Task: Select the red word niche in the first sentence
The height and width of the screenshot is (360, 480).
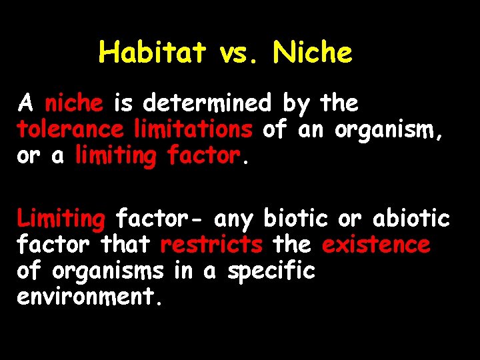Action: click(x=73, y=104)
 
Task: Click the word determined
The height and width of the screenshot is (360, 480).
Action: click(x=207, y=104)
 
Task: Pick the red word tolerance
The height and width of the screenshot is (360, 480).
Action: click(x=70, y=129)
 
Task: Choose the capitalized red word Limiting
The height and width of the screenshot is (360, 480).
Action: click(x=61, y=219)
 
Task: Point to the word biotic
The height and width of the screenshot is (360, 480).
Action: click(x=297, y=219)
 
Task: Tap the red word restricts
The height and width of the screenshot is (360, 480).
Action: click(x=211, y=245)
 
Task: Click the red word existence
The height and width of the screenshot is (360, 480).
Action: click(x=376, y=245)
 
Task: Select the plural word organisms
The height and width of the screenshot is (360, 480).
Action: click(x=107, y=271)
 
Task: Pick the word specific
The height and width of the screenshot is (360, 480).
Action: click(x=272, y=271)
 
